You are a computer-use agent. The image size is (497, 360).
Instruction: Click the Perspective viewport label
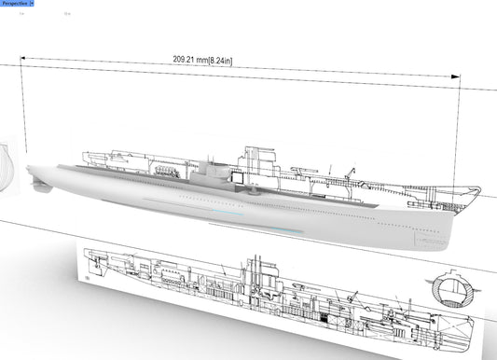(x=14, y=5)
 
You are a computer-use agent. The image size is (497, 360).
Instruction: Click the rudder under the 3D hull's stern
(x=38, y=185)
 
